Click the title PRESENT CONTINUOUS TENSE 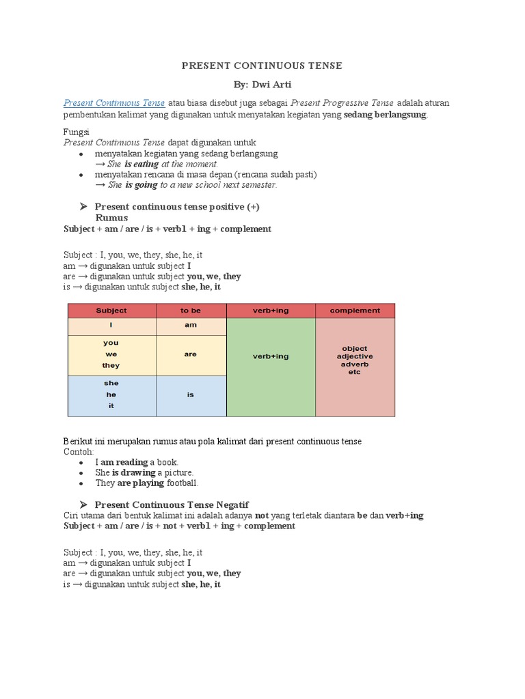(262, 66)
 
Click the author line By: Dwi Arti (262, 85)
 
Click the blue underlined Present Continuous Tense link (114, 103)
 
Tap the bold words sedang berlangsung (385, 115)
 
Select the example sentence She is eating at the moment (162, 165)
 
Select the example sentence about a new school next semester (191, 185)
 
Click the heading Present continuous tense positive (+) (177, 207)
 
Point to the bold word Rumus (111, 218)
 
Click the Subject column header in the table (111, 311)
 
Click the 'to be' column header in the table (191, 311)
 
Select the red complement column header (355, 311)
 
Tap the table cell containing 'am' (191, 326)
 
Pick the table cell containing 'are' (191, 355)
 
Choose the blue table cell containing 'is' (191, 395)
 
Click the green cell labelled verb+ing (271, 356)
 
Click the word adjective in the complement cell (355, 356)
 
